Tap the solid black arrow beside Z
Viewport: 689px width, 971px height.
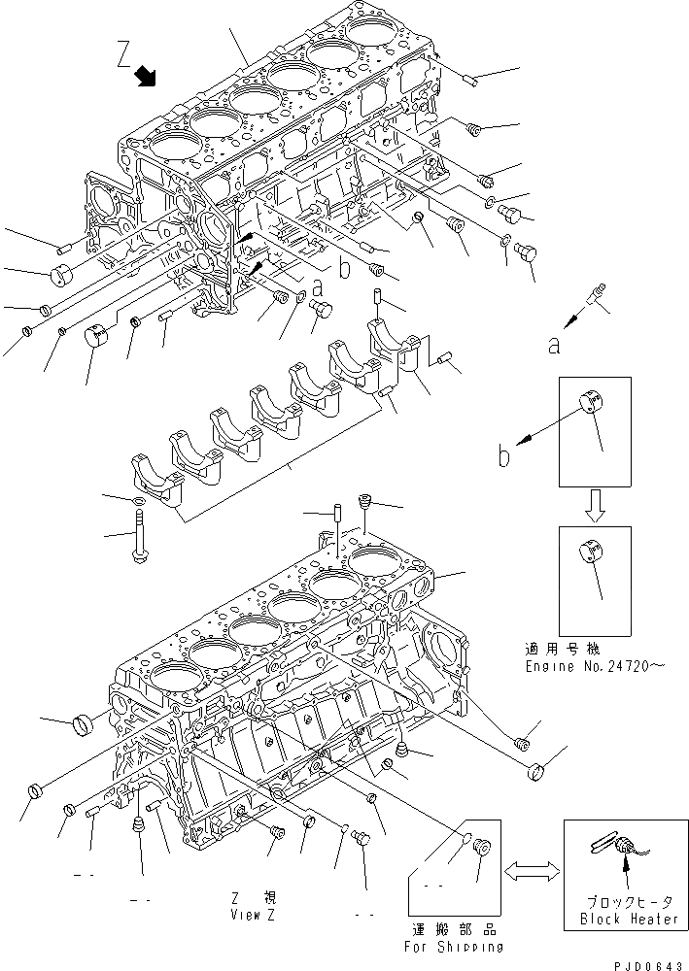[x=148, y=77]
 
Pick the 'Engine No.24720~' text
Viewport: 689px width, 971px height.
[x=595, y=668]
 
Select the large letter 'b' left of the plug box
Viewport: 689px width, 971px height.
[x=503, y=454]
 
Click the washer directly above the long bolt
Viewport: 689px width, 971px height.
[x=138, y=500]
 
